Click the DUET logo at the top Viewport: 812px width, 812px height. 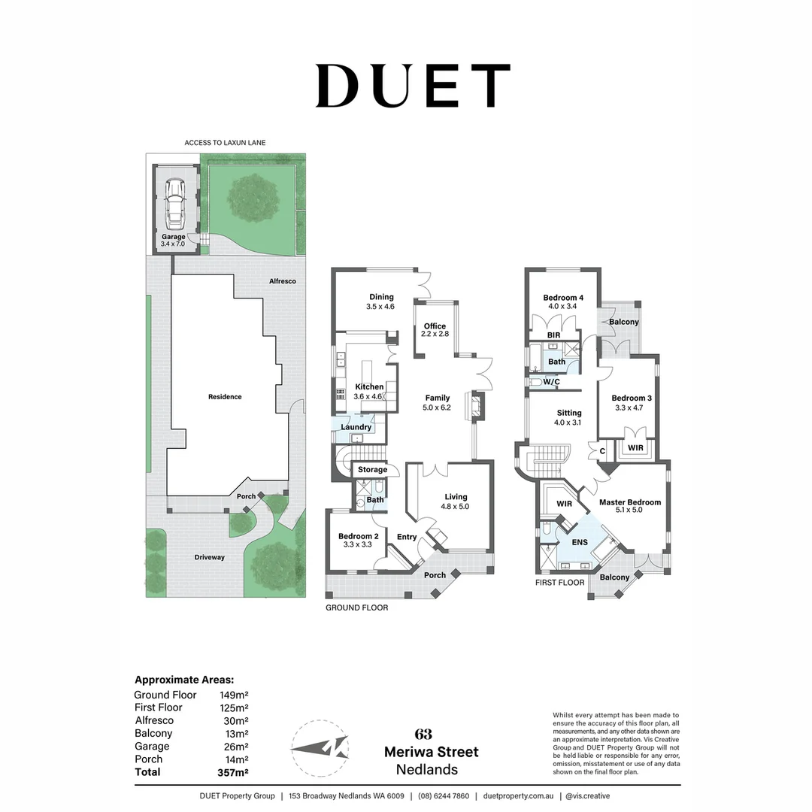tap(413, 86)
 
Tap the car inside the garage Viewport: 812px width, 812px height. tap(174, 203)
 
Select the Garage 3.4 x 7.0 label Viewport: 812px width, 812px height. tap(173, 241)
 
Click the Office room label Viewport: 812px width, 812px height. tap(435, 329)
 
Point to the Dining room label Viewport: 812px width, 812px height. tap(381, 301)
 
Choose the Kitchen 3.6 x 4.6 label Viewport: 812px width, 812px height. tap(369, 391)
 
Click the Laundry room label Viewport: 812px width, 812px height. tap(356, 427)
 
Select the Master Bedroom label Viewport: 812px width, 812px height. tap(630, 507)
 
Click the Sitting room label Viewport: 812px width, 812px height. tap(569, 417)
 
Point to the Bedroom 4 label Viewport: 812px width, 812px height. tap(563, 301)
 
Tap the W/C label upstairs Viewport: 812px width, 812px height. tap(551, 382)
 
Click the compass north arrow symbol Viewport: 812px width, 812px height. tap(320, 749)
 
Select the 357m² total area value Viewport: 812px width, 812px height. tap(233, 772)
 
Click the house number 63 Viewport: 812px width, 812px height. tap(423, 735)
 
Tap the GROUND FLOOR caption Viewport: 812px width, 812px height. tap(356, 607)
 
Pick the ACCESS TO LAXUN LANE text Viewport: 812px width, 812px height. tap(225, 142)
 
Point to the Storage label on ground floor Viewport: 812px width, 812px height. tap(372, 470)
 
